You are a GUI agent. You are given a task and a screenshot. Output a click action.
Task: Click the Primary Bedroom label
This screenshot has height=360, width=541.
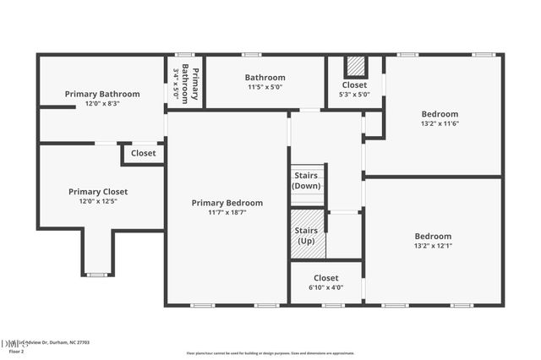click(x=227, y=203)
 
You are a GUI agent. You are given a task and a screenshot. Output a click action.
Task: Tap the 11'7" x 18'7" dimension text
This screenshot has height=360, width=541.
click(x=227, y=213)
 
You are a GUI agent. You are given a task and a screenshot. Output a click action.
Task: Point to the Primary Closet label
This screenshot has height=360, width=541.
click(x=103, y=192)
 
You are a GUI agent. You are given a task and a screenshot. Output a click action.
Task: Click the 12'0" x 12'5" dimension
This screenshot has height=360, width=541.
click(x=103, y=202)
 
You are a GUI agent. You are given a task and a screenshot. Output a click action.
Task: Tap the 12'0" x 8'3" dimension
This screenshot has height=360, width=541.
click(x=102, y=104)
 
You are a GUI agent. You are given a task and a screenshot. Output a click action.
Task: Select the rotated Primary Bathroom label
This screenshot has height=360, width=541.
click(x=195, y=84)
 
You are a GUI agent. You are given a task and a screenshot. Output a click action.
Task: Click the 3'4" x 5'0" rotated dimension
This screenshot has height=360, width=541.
click(x=176, y=84)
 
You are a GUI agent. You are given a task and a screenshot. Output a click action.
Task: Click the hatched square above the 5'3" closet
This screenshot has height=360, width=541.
click(x=355, y=66)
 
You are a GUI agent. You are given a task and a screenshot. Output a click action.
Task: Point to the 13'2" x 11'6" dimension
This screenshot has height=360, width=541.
click(x=440, y=123)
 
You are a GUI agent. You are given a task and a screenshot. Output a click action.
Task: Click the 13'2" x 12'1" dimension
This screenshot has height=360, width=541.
click(x=433, y=246)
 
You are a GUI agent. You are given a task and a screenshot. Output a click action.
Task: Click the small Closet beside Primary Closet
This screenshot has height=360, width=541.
click(x=143, y=154)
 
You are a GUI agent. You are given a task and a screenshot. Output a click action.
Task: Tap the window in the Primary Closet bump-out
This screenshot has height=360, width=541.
click(x=97, y=275)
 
